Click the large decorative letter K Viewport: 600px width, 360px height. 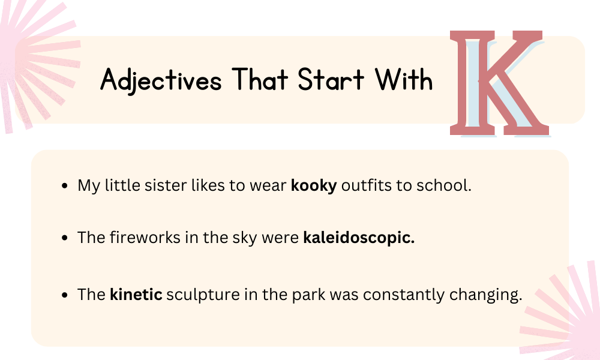(x=500, y=84)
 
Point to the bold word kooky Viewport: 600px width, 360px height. (x=314, y=186)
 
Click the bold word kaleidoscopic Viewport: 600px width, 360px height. (x=359, y=238)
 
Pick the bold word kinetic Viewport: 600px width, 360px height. (x=136, y=295)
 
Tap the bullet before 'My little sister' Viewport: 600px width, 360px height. (x=65, y=187)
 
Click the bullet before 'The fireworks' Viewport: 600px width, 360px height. (x=65, y=238)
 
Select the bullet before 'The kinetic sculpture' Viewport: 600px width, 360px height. (x=65, y=295)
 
